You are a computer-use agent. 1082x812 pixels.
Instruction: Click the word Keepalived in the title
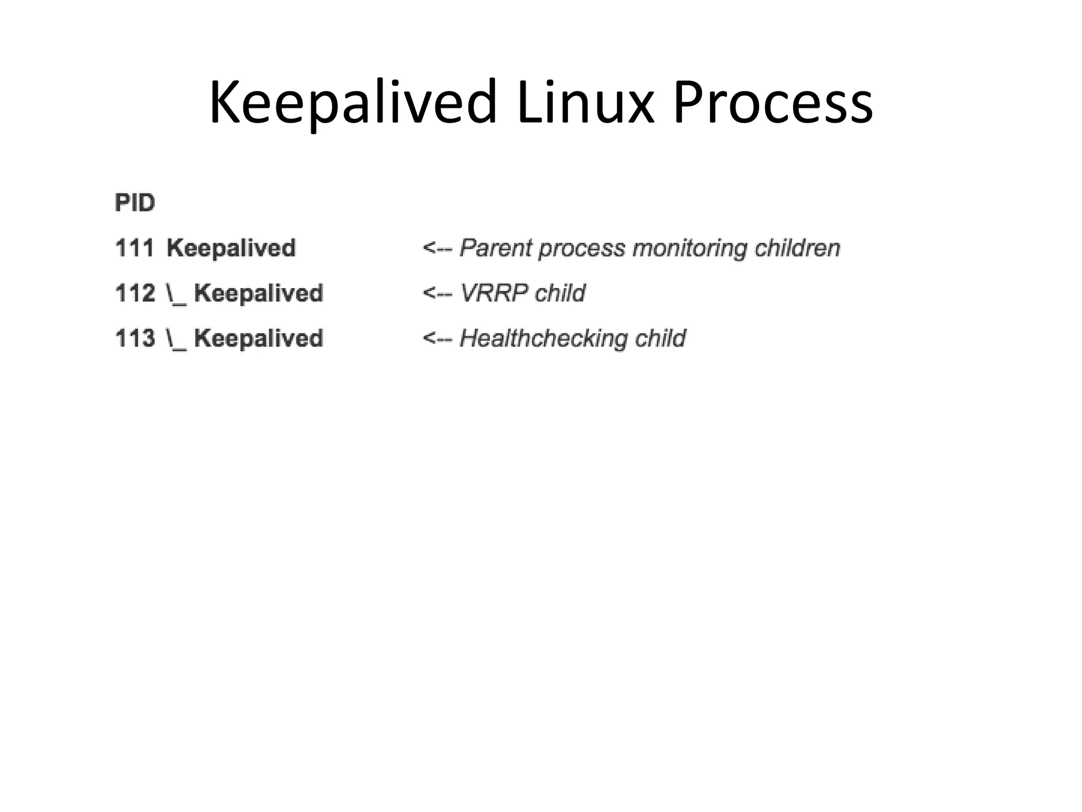pos(353,103)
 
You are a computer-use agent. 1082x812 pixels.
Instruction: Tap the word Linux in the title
pos(585,103)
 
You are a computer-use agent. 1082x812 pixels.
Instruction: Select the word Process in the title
pos(772,103)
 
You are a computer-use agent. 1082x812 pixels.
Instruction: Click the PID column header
pos(135,203)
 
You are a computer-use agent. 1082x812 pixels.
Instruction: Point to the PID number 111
pos(135,248)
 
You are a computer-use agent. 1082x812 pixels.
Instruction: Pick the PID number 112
pos(135,293)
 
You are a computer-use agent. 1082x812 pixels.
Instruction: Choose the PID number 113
pos(135,338)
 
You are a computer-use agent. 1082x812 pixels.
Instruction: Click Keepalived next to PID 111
pos(231,248)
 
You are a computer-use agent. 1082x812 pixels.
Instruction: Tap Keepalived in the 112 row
pos(258,293)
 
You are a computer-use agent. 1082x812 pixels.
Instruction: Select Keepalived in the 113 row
pos(258,338)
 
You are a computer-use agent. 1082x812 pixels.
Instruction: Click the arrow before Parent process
pos(437,248)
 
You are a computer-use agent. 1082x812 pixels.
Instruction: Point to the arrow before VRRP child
pos(437,293)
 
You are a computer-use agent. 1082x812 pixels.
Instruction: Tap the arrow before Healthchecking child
pos(437,338)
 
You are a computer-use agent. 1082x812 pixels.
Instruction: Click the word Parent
pos(496,248)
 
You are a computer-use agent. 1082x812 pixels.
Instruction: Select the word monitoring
pos(689,248)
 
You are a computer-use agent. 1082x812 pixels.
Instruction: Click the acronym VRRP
pos(494,293)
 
